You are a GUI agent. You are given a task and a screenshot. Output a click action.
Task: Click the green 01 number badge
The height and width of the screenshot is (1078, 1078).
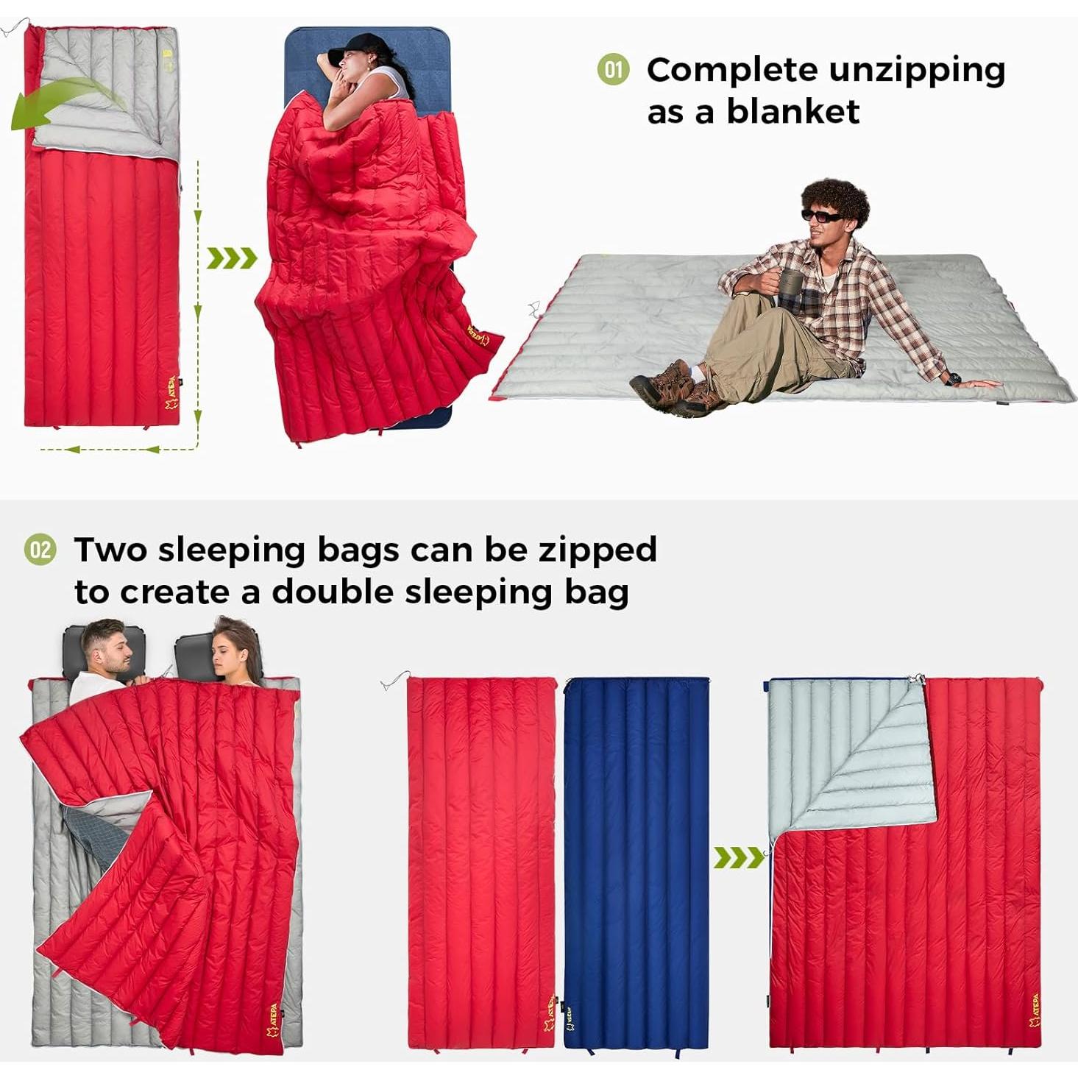(613, 70)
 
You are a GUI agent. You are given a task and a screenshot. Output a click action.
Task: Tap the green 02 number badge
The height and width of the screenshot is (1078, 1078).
(40, 550)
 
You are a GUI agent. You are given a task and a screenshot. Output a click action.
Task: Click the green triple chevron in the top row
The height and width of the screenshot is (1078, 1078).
(232, 258)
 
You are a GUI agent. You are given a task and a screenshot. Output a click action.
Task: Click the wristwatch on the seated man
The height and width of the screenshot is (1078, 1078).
(954, 379)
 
